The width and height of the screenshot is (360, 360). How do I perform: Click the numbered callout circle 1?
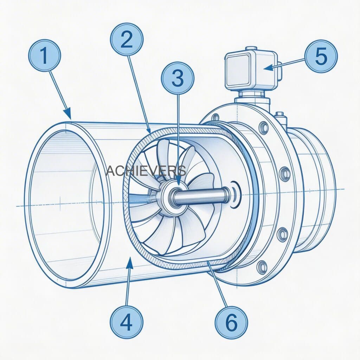tap(45, 56)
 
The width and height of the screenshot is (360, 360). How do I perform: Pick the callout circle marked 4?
tap(126, 321)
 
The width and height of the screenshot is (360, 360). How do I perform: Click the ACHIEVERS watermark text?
tap(146, 171)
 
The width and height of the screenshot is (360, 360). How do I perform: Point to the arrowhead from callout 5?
tap(266, 67)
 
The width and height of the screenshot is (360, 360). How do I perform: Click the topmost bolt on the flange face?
tap(263, 127)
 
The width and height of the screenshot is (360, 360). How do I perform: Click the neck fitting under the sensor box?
tap(252, 95)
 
